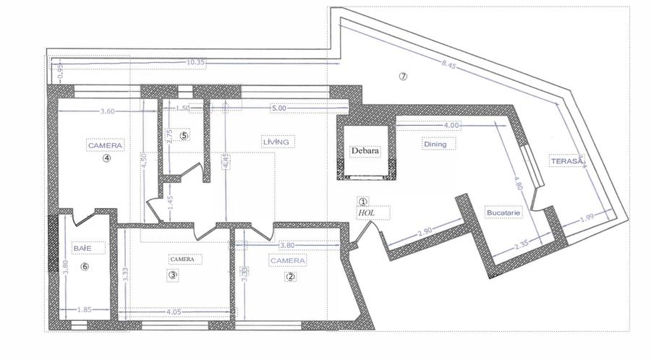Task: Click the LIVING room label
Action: pyautogui.click(x=276, y=142)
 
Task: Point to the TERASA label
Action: pyautogui.click(x=565, y=162)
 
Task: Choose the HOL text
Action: pyautogui.click(x=365, y=213)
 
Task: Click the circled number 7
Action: pyautogui.click(x=403, y=77)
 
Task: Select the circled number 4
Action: pyautogui.click(x=106, y=160)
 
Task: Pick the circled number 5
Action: pyautogui.click(x=184, y=135)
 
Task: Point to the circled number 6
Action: pyautogui.click(x=85, y=266)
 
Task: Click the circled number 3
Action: pyautogui.click(x=172, y=275)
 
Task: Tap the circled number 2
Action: pyautogui.click(x=290, y=275)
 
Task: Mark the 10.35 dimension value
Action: pyautogui.click(x=196, y=63)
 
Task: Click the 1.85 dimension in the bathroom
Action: pyautogui.click(x=84, y=310)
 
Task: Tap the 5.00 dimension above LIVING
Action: pyautogui.click(x=278, y=110)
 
